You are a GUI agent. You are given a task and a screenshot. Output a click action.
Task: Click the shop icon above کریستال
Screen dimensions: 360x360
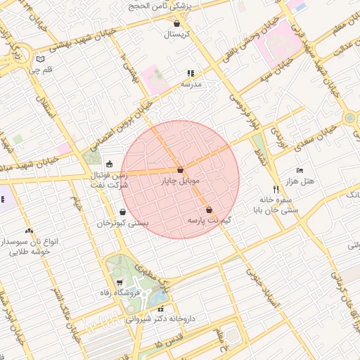pyautogui.click(x=176, y=23)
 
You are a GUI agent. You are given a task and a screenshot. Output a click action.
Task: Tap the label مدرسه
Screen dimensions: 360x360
pyautogui.click(x=191, y=84)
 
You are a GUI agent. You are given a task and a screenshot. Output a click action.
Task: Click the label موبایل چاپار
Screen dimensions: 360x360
pyautogui.click(x=181, y=181)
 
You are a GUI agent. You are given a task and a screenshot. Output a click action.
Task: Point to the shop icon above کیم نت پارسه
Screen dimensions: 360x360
pyautogui.click(x=209, y=210)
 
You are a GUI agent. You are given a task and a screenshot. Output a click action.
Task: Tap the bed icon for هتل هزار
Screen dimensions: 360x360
pyautogui.click(x=300, y=170)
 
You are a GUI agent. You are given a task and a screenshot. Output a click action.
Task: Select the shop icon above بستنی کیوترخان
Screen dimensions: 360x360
pyautogui.click(x=123, y=212)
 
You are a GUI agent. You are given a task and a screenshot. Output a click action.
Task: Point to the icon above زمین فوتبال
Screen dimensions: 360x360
pyautogui.click(x=108, y=165)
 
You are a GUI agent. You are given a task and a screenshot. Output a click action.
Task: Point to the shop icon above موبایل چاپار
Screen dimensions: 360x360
pyautogui.click(x=181, y=170)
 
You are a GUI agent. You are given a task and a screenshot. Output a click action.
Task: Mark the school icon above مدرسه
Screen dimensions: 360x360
pyautogui.click(x=191, y=72)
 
